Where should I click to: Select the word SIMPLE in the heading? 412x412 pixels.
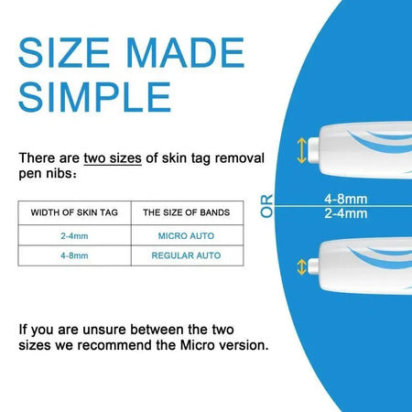[x=94, y=94]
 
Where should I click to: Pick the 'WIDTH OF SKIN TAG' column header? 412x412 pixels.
[x=74, y=212]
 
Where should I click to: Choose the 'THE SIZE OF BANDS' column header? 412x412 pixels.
[x=186, y=212]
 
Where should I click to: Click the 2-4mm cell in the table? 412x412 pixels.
[x=74, y=235]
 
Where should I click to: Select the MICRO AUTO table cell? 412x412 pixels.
[x=186, y=235]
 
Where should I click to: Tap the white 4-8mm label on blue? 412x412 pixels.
[x=346, y=198]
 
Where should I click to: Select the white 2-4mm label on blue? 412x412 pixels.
[x=346, y=213]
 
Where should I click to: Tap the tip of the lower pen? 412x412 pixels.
[x=314, y=266]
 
